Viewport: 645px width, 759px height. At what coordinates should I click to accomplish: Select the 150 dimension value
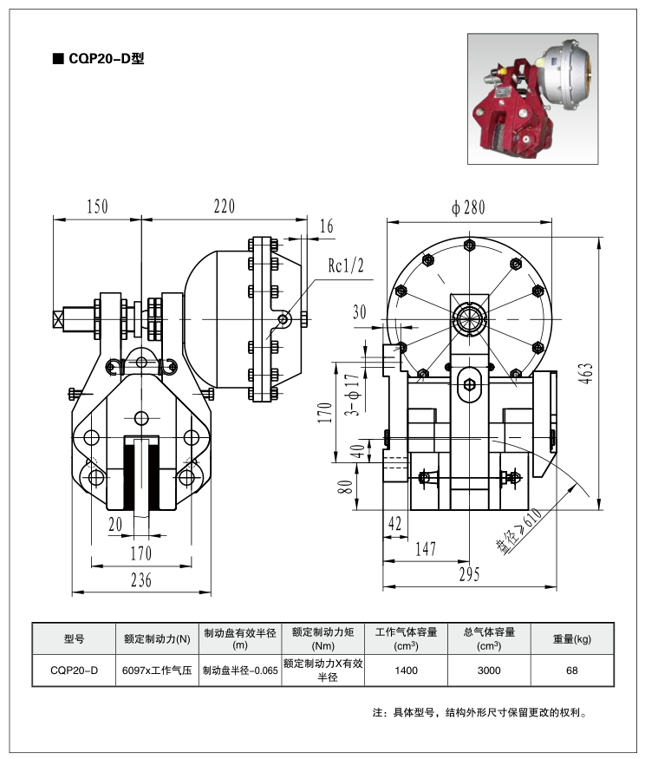pos(97,206)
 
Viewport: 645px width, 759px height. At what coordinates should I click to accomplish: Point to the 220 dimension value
pos(224,206)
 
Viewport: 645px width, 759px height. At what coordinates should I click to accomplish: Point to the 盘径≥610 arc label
pos(518,532)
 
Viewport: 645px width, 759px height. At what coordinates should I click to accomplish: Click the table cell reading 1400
pos(406,671)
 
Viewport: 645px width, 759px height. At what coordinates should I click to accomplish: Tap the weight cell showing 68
pos(571,671)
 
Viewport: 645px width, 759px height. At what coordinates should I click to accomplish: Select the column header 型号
pos(74,638)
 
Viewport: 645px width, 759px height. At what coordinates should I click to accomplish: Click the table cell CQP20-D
pos(74,671)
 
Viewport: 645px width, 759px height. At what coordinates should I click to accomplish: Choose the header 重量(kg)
pos(571,638)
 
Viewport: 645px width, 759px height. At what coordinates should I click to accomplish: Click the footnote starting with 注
pos(482,713)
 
